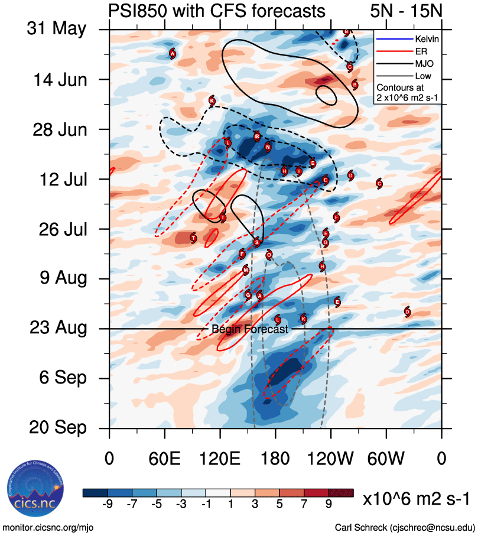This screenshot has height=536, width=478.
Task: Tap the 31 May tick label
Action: coord(56,30)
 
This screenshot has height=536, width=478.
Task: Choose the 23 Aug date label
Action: coord(57,328)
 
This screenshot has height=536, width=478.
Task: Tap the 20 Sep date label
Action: coord(57,427)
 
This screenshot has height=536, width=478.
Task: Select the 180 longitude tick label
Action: coord(275,457)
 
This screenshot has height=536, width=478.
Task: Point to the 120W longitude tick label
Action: coord(330,457)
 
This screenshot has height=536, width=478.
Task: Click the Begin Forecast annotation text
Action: coord(249,330)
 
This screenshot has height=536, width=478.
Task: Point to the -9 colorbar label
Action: coord(107,504)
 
